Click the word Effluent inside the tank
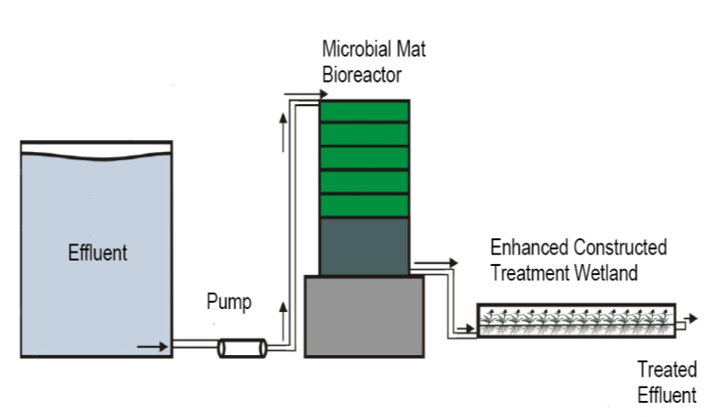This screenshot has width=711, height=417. [x=98, y=253]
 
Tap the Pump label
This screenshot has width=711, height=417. [x=229, y=302]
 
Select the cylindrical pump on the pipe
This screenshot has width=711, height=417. [x=241, y=347]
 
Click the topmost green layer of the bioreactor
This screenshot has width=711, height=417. [x=364, y=111]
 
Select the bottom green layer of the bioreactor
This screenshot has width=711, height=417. [x=364, y=205]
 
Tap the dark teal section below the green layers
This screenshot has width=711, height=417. [x=364, y=246]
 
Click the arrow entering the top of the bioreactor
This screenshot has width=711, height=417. [x=296, y=93]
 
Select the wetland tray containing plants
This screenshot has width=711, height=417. [x=575, y=320]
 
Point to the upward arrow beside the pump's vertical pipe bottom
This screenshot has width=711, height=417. [x=286, y=316]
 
